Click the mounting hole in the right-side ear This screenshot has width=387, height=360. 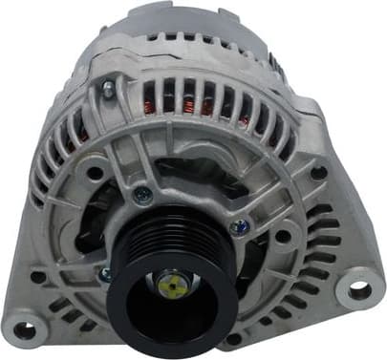pos(360,284)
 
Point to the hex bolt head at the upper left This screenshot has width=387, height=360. pos(108,90)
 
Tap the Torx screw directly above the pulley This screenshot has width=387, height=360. pos(143,195)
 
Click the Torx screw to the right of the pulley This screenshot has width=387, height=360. pos(240,227)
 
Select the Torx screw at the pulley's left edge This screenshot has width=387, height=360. pos(105,274)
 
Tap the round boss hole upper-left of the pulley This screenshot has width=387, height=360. pos(96,173)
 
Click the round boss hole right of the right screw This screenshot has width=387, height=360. pos(283,236)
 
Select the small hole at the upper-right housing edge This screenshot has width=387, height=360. pos(318,173)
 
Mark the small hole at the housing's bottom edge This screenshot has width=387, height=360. pos(233,338)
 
